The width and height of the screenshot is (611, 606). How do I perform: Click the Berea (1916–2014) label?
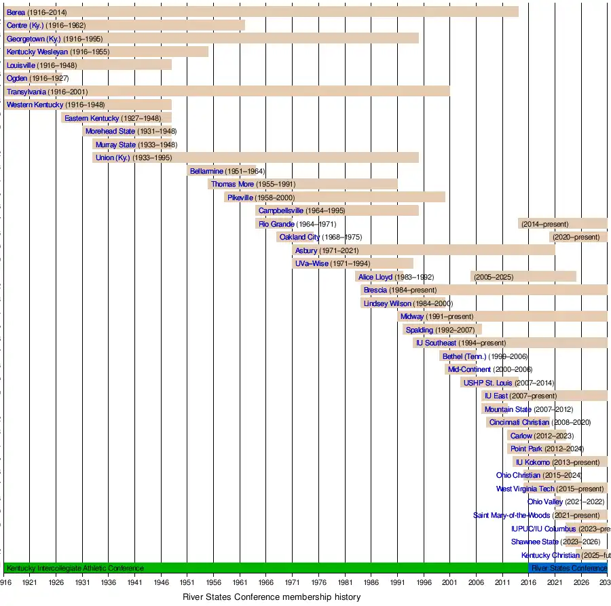37,12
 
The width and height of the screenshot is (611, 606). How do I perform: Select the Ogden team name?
17,79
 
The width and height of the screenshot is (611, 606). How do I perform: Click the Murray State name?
115,145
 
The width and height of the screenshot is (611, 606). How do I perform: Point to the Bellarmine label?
206,171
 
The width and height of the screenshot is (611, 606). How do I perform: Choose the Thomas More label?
232,185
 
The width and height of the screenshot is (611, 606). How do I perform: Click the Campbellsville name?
280,211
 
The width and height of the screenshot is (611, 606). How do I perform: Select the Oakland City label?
299,238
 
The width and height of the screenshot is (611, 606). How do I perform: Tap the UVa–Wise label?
312,264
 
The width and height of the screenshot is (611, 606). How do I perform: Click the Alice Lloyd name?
375,278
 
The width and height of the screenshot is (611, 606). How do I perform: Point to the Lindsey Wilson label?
386,304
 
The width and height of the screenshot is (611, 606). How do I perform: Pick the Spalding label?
419,330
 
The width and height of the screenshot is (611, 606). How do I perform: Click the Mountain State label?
508,410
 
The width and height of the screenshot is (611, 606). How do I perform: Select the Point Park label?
526,449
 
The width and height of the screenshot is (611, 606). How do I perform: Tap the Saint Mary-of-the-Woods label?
512,516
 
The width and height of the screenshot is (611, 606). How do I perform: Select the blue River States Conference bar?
568,568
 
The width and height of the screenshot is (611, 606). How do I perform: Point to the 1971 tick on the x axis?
293,582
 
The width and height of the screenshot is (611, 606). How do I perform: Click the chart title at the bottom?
272,597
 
